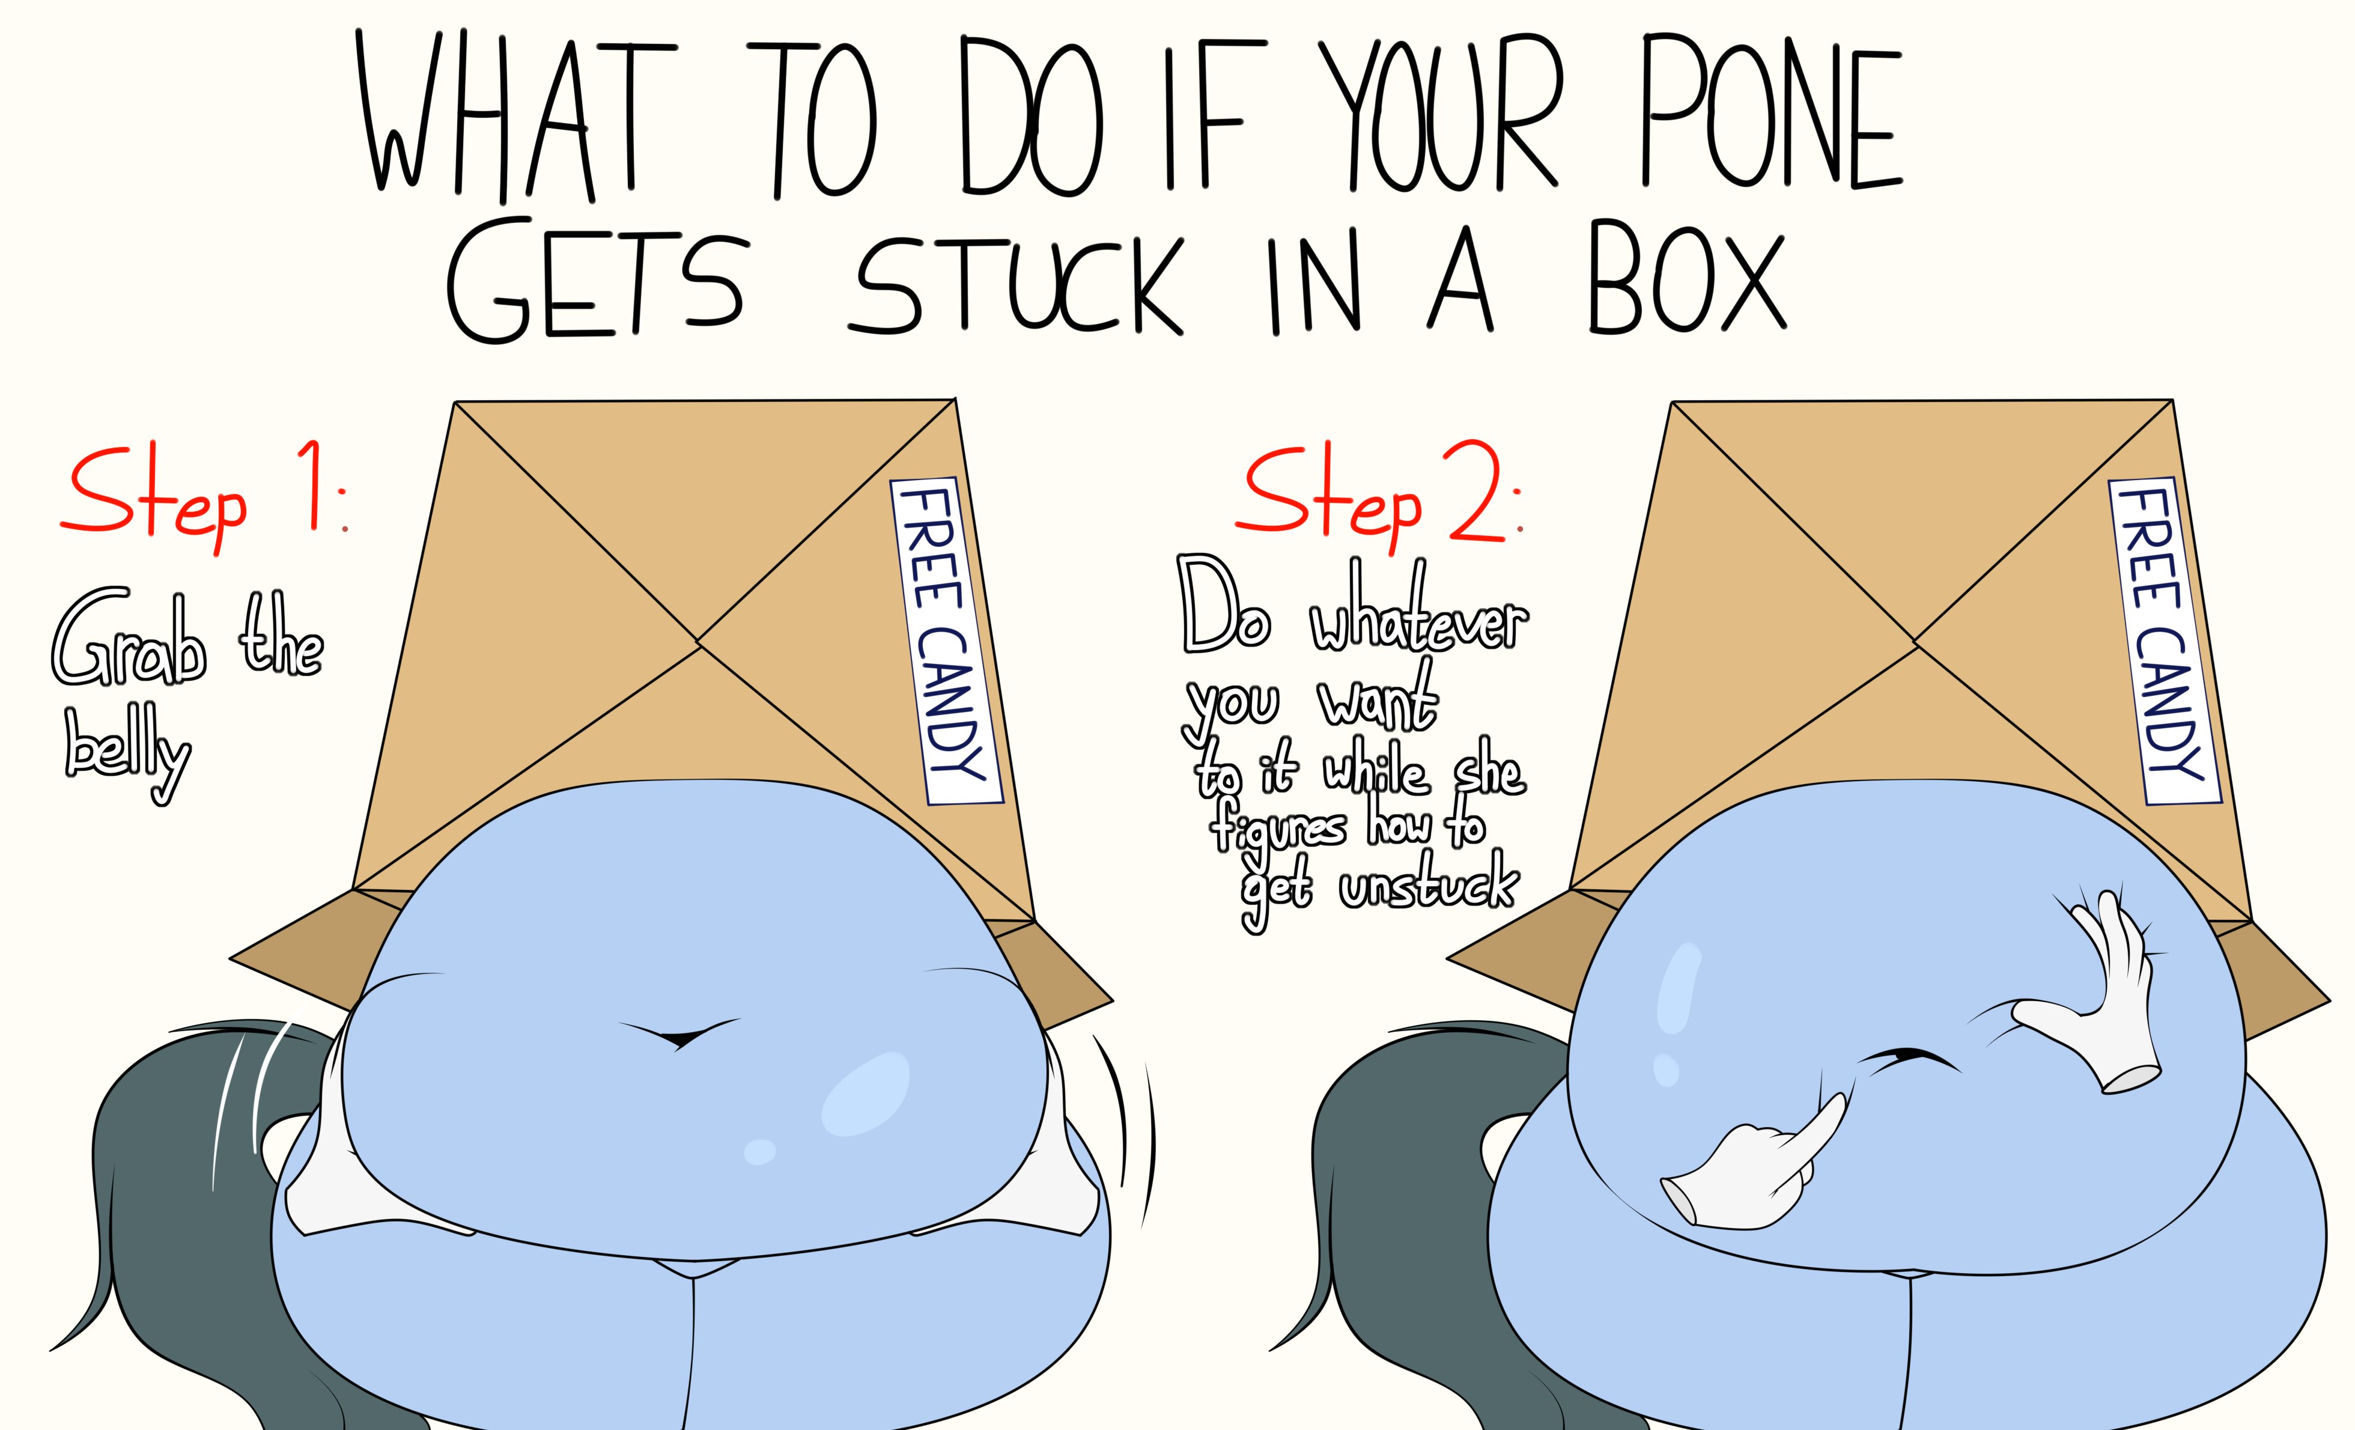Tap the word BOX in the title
[x=1687, y=277]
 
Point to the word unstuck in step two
[x=1428, y=882]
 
